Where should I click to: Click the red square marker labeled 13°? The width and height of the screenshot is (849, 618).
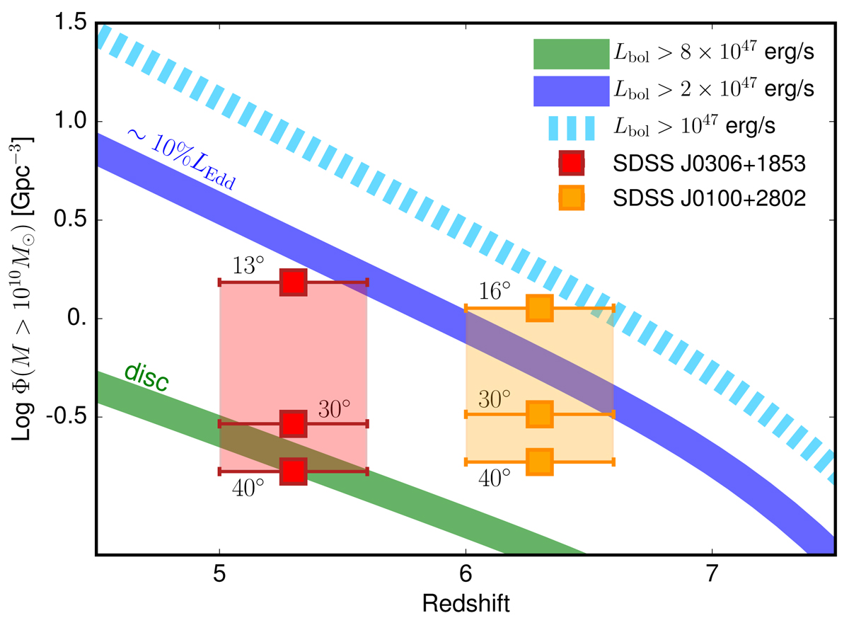tap(293, 282)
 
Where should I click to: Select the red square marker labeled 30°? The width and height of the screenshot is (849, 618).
tap(293, 423)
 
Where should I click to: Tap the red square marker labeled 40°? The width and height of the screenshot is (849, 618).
tap(293, 471)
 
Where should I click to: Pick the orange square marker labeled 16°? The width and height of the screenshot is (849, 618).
tap(540, 308)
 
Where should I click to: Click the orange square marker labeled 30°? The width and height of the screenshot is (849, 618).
tap(540, 413)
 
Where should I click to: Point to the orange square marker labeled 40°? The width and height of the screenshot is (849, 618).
tap(540, 461)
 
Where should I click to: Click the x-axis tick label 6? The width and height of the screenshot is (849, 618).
tap(466, 573)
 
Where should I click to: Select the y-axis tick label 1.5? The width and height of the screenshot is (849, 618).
tap(70, 23)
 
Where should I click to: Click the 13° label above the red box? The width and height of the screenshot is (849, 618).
tap(248, 266)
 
